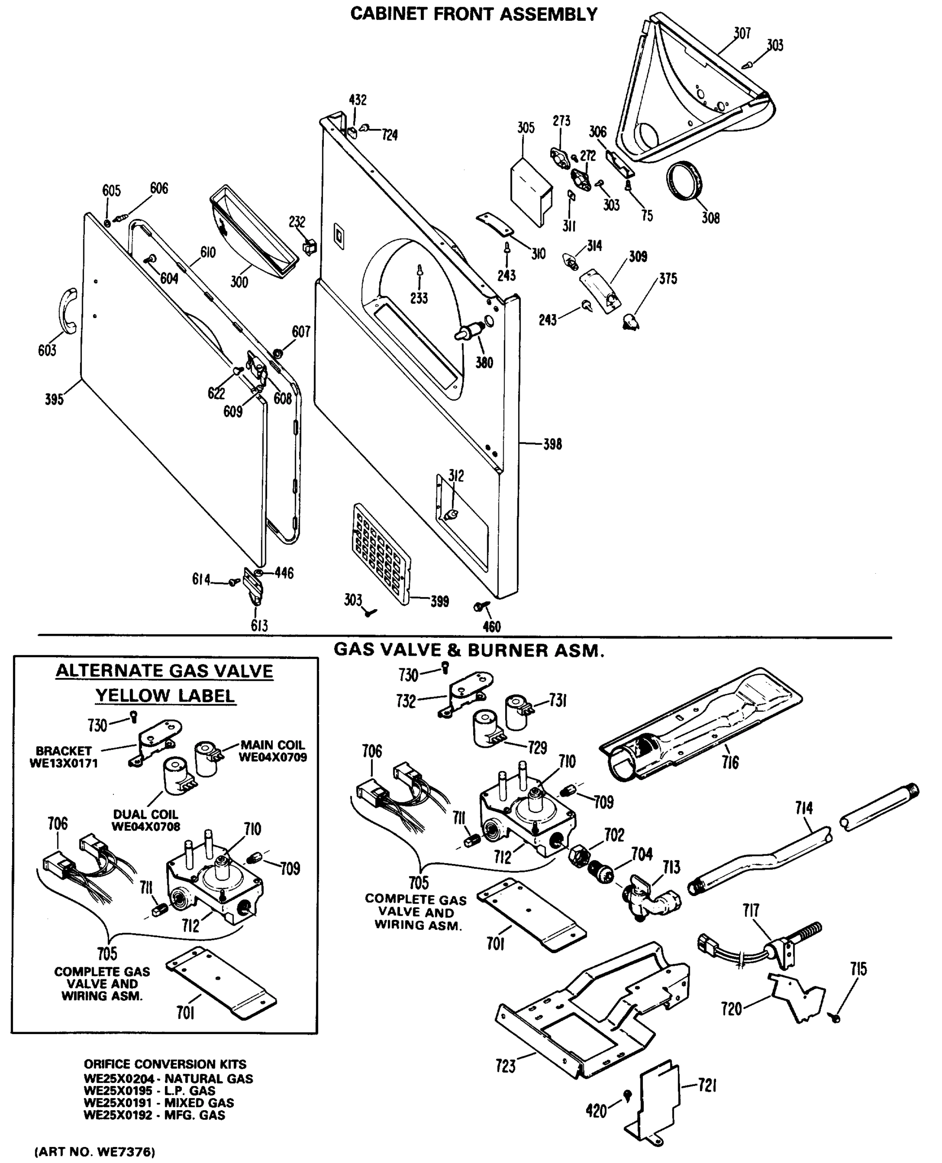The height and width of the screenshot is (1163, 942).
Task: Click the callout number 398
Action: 552,444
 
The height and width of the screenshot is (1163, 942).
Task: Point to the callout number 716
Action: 730,763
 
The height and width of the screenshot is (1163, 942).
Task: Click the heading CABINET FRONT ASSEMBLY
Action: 473,14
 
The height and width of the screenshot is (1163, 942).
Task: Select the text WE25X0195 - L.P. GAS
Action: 149,1090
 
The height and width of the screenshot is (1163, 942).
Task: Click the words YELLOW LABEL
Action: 165,696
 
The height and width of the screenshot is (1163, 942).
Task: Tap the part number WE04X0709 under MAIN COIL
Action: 272,757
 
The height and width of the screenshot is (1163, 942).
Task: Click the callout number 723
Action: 505,1066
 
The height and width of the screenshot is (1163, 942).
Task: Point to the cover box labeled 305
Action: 531,190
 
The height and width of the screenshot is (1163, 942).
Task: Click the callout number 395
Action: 54,400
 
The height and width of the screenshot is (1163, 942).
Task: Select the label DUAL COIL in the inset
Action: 145,814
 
